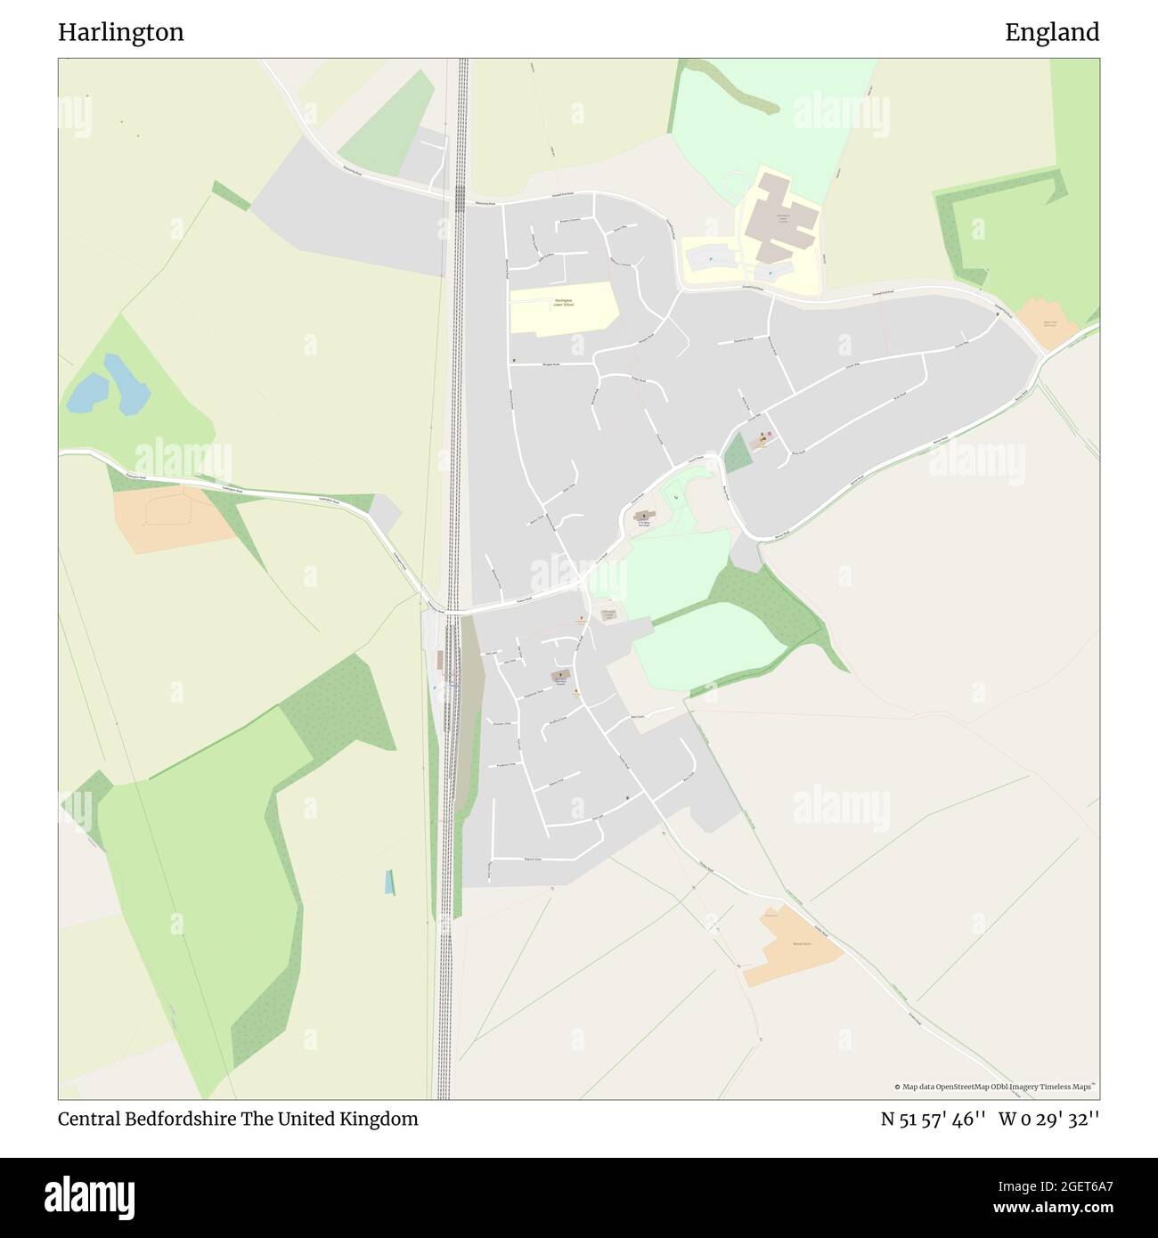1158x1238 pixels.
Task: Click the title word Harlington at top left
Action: (x=121, y=33)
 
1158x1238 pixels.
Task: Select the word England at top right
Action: (x=1052, y=33)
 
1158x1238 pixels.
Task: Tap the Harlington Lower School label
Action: (x=563, y=303)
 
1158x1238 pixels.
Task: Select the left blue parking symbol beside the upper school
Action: (x=710, y=259)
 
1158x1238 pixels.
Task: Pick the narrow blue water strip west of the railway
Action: (x=389, y=882)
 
